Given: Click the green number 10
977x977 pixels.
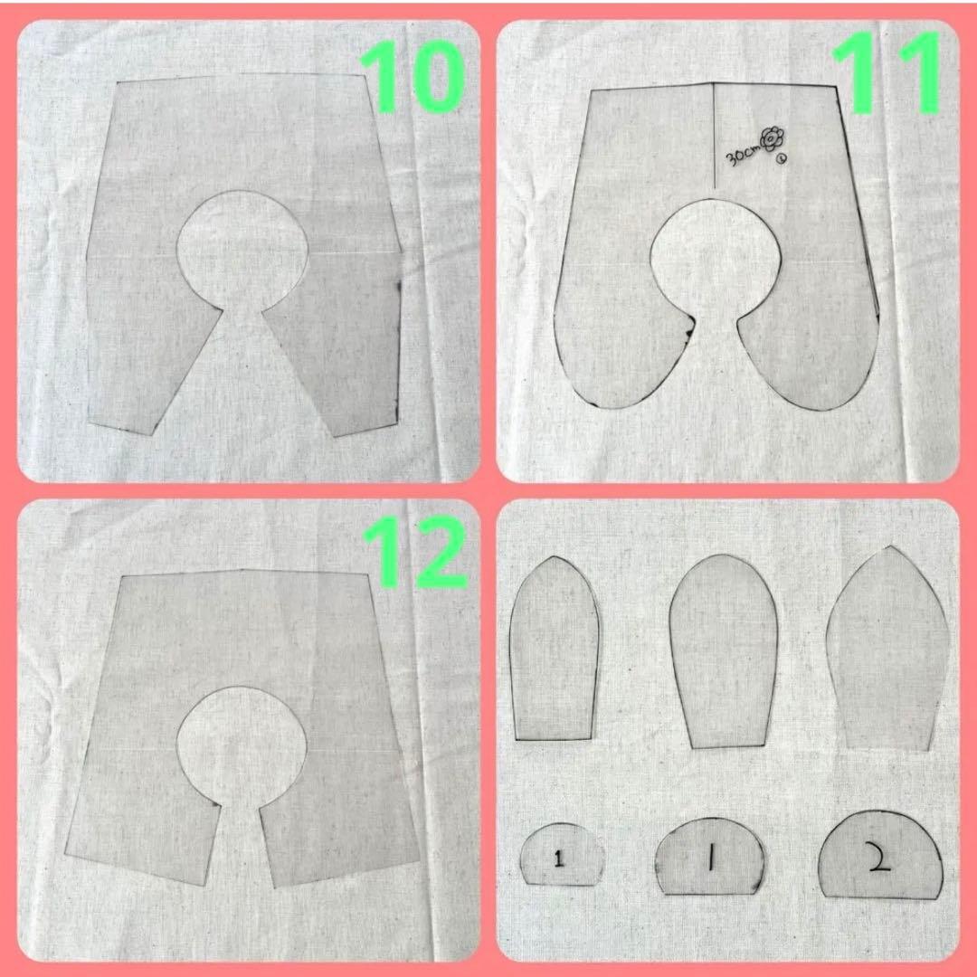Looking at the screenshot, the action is pyautogui.click(x=412, y=77).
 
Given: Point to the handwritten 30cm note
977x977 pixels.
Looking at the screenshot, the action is pyautogui.click(x=742, y=155).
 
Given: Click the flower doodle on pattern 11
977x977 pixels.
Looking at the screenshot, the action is pyautogui.click(x=772, y=138).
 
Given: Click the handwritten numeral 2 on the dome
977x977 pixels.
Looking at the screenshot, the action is pyautogui.click(x=878, y=860).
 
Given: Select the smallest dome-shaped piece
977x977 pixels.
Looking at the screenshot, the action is pyautogui.click(x=562, y=854).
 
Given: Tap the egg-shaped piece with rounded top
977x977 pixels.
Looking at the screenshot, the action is pyautogui.click(x=723, y=651).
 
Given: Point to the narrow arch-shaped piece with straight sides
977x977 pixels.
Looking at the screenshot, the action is pyautogui.click(x=555, y=649).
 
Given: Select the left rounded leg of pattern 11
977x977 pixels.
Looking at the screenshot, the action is pyautogui.click(x=623, y=349).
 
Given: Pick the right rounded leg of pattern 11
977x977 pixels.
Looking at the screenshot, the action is pyautogui.click(x=810, y=356).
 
